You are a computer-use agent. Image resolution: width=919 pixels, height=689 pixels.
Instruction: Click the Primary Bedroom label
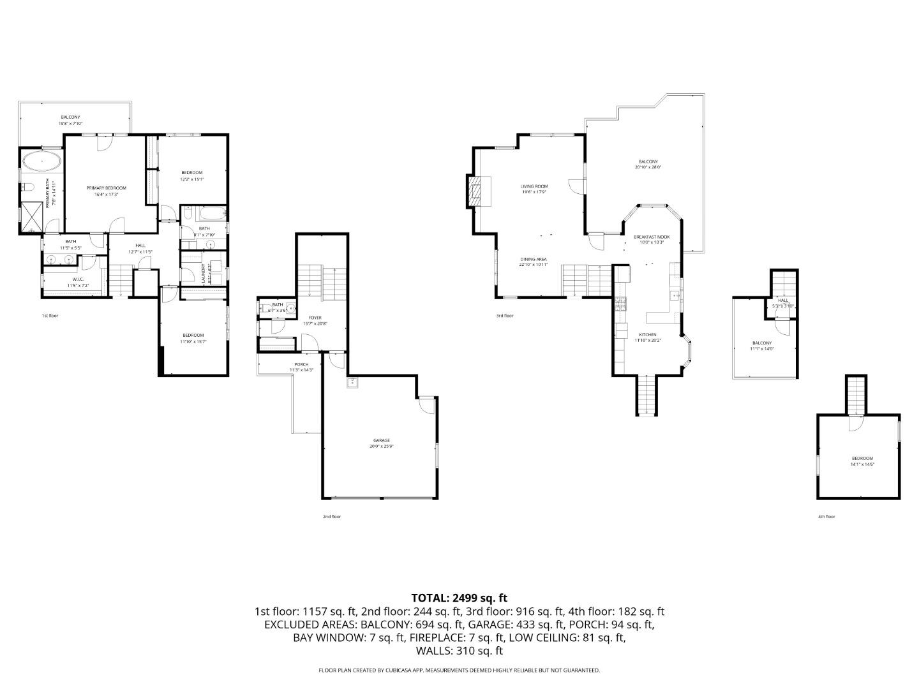pos(106,188)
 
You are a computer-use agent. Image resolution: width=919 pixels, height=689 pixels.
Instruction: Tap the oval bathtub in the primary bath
pos(42,161)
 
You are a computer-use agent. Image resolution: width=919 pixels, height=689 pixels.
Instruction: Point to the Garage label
pos(382,441)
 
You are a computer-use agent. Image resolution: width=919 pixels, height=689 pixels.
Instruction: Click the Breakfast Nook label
pos(651,237)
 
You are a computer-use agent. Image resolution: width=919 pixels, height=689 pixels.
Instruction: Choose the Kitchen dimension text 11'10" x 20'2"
pos(647,341)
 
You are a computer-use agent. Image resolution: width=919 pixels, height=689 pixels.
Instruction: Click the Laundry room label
pos(204,272)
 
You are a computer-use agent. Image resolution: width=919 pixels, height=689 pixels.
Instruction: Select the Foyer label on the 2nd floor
pos(315,318)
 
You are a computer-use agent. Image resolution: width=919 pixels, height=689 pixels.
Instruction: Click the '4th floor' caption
pos(826,517)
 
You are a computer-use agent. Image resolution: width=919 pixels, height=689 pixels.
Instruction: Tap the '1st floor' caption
pos(50,316)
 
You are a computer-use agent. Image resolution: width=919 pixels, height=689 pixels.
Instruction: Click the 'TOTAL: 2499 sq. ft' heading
pos(459,598)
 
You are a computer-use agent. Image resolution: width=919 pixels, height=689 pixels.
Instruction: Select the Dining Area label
pos(533,259)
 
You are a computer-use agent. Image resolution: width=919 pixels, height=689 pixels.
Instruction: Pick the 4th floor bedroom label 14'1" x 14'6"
pos(862,464)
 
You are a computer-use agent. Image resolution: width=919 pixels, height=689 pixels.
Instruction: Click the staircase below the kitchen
pos(647,395)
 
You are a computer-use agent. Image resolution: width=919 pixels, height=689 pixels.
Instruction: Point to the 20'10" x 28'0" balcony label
pos(648,168)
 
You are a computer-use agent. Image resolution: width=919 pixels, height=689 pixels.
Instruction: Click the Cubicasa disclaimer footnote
pos(459,670)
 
